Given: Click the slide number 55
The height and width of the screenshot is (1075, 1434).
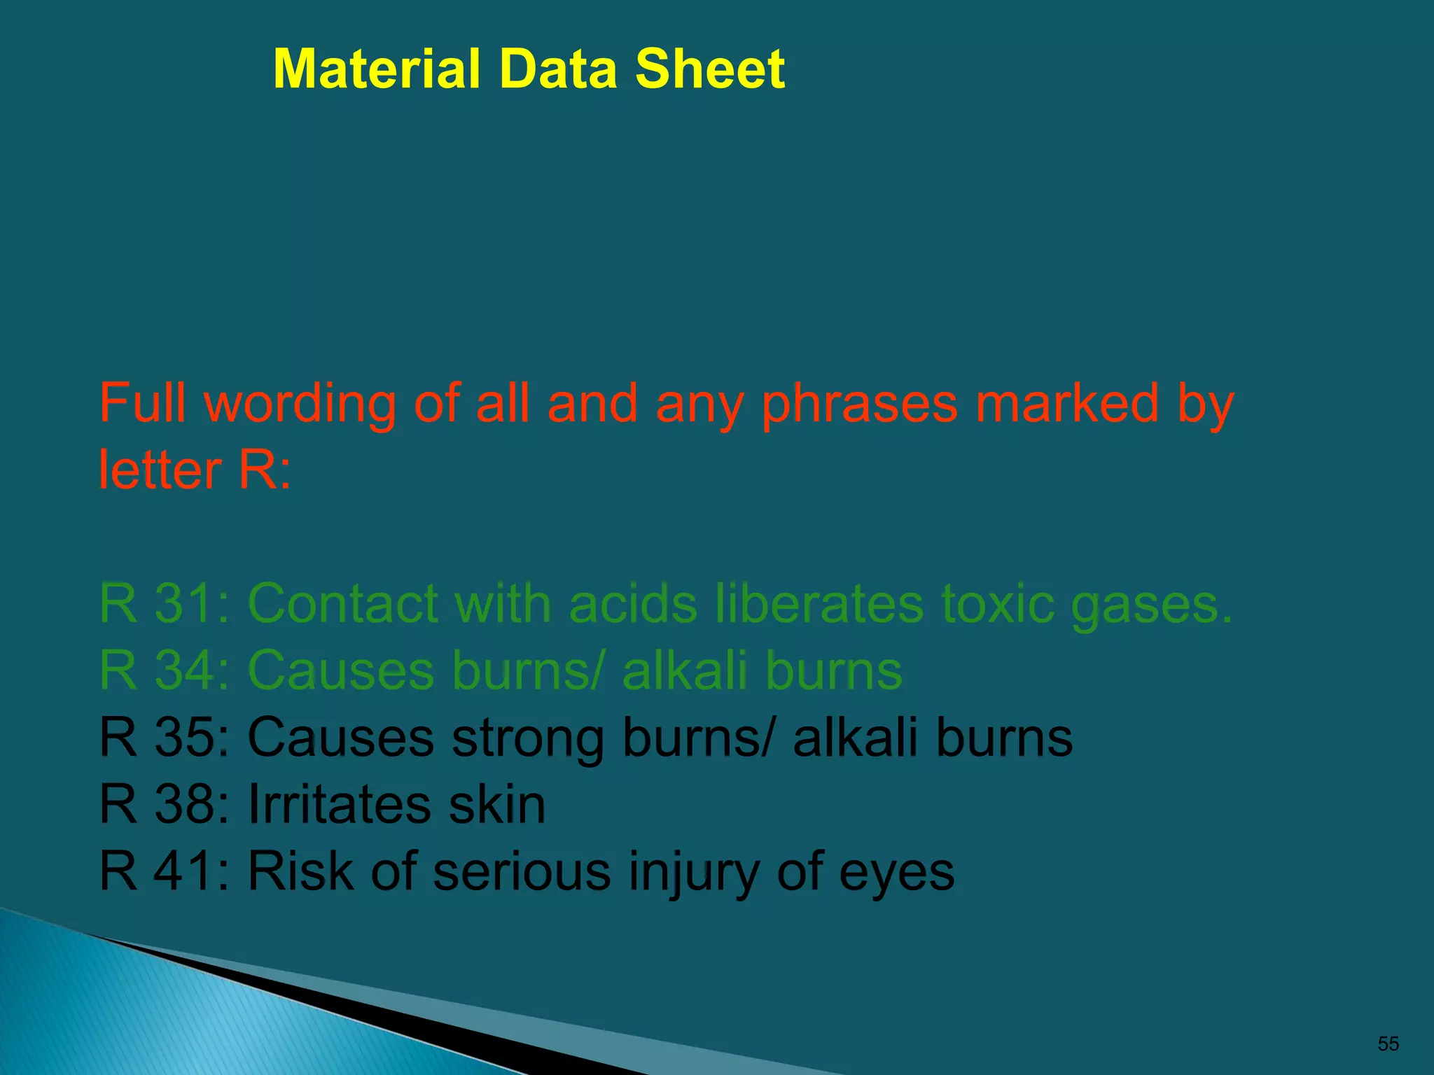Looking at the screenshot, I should [x=1388, y=1044].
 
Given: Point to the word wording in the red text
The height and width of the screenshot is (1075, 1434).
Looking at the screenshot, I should [x=300, y=404].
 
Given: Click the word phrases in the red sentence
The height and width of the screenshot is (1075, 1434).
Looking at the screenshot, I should [x=859, y=405].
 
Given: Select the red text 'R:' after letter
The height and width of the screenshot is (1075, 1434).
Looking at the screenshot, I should [x=264, y=470].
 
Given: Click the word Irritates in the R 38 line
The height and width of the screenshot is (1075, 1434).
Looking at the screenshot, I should [x=339, y=803].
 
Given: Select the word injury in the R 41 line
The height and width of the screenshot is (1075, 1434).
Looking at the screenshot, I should [x=693, y=873].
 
